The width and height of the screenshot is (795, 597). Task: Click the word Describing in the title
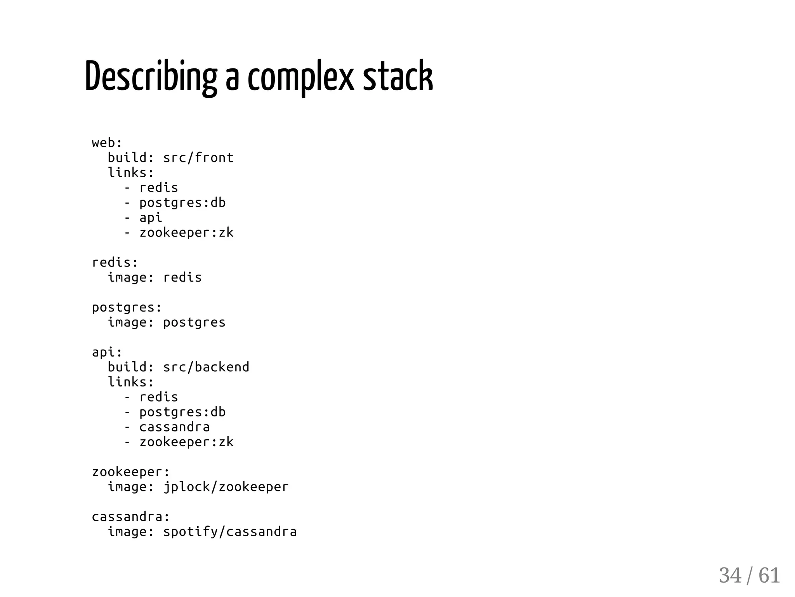[151, 77]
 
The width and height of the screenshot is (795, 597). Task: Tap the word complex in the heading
[301, 77]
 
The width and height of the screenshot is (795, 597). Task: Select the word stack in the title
[397, 77]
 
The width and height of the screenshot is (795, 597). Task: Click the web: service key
[107, 143]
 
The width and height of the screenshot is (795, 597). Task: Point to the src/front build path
[198, 158]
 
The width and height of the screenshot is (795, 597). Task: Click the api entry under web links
[151, 218]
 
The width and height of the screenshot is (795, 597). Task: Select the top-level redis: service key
[115, 263]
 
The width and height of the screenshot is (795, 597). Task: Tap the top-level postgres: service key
[127, 308]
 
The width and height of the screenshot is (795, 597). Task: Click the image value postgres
[194, 322]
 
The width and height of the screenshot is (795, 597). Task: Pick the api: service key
[107, 352]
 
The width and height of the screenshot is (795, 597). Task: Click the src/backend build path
[206, 367]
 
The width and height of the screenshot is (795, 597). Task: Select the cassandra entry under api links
[174, 427]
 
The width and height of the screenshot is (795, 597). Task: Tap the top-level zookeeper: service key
[131, 472]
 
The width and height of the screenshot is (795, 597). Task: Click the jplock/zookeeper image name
[226, 487]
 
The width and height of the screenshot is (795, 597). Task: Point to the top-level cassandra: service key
[131, 517]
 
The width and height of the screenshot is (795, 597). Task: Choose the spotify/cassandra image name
[230, 531]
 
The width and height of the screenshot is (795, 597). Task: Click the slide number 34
[730, 575]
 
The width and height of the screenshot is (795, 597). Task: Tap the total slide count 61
[769, 575]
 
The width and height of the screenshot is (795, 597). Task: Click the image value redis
[182, 277]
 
